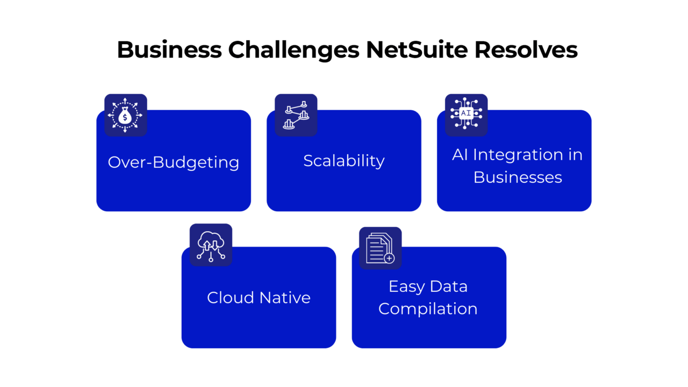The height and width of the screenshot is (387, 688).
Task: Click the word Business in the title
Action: pos(169,50)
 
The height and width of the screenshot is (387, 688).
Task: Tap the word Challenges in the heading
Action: pos(293,50)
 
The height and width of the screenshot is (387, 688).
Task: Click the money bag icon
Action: pos(125,115)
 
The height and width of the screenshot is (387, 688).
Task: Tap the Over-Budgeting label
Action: pos(173,162)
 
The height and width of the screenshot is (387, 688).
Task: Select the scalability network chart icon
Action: pos(296,115)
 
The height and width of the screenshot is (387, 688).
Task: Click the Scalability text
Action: pos(343,161)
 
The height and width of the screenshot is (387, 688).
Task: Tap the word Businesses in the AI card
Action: pos(518,177)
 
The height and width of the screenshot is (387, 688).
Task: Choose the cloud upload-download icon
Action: pos(211,245)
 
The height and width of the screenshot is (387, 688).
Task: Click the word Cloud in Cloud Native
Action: pos(230,298)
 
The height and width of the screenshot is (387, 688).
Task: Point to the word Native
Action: pos(285,298)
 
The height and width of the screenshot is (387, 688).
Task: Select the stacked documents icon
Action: pos(380,248)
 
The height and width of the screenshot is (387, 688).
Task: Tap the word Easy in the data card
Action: pos(406,287)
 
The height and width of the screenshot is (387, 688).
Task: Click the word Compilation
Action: pos(428,309)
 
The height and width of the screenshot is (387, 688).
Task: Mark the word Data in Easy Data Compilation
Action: pos(451,286)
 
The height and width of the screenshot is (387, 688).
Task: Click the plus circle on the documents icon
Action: pos(389,259)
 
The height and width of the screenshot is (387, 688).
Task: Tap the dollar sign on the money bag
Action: pos(125,116)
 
